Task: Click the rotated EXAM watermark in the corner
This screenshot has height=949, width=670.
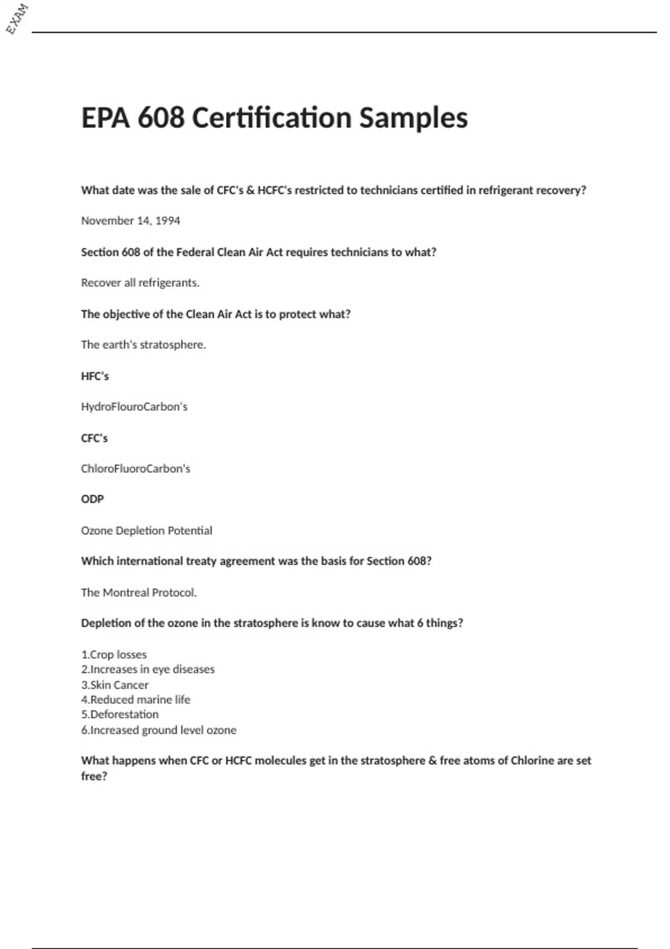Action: coord(17,18)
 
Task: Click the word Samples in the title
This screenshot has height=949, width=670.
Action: coord(413,118)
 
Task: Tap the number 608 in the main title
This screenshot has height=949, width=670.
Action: coord(161,118)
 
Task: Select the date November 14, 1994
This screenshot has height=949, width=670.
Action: coord(131,221)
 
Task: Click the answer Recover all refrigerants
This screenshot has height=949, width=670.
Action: coord(140,282)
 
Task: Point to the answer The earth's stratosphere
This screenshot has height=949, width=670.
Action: coord(143,344)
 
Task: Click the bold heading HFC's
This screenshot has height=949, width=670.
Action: coord(95,376)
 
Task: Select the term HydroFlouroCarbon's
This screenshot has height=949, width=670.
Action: coord(134,406)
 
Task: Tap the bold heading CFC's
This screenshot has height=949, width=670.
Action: coord(94,438)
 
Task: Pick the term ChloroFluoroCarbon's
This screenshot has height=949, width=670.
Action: coord(136,468)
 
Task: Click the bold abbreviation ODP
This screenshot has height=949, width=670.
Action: coord(93,499)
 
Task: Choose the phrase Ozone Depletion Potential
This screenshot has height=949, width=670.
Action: coord(146,530)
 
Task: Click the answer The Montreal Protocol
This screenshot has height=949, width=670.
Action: coord(139,592)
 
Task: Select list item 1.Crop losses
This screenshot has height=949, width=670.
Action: coord(114,654)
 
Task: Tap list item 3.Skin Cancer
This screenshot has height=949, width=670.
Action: coord(115,684)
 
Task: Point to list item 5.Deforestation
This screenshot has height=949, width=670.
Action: coord(120,714)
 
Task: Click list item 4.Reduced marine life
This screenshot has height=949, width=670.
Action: coord(136,699)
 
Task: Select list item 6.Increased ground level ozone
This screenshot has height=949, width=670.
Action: coord(159,730)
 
